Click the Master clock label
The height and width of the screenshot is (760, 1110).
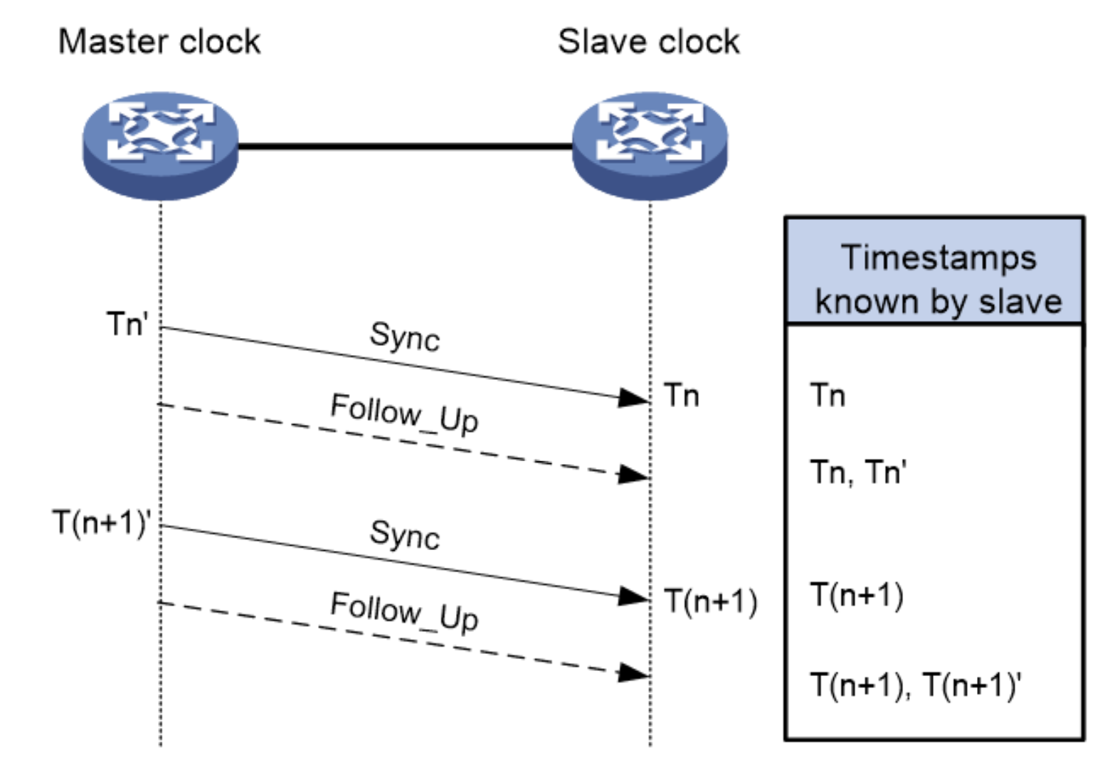pos(159,42)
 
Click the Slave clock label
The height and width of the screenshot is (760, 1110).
pos(648,42)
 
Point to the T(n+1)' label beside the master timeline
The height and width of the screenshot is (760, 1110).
pos(102,523)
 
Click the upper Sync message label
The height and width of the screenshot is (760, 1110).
pos(404,337)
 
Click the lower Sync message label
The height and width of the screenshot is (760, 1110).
pos(404,535)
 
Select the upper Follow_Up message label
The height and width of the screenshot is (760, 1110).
pos(404,413)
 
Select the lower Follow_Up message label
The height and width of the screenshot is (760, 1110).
pos(404,612)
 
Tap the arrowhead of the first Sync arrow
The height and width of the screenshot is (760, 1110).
pos(633,398)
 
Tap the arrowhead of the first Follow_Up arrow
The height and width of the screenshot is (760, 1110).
pos(633,475)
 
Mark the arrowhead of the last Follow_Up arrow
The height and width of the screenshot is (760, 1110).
pos(633,672)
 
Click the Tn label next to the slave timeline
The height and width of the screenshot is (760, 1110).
pos(682,396)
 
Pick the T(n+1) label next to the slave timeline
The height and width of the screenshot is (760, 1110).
pos(710,602)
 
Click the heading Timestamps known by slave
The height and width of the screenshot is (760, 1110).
pos(936,279)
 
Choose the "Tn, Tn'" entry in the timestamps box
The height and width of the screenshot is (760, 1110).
pos(857,473)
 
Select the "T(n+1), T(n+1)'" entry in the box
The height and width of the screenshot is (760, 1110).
pos(916,685)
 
